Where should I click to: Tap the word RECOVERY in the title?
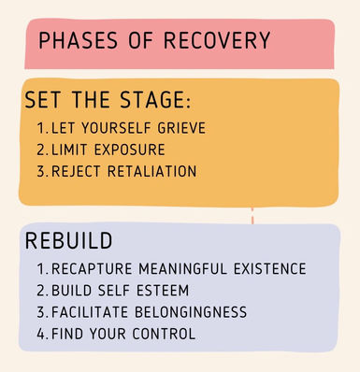[221, 41]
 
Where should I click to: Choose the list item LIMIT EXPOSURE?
[105, 150]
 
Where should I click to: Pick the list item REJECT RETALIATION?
[116, 171]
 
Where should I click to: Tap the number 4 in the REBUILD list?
[41, 333]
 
